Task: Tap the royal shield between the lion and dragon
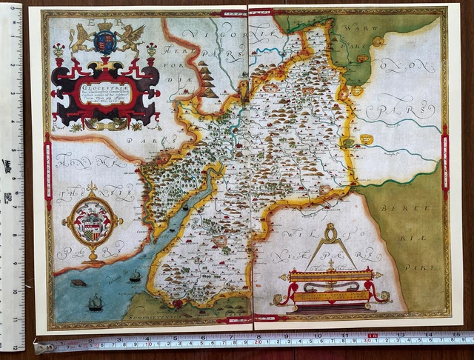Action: (104, 42)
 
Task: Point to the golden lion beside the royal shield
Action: (80, 38)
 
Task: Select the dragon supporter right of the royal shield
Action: (130, 39)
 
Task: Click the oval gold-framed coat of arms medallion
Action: (92, 221)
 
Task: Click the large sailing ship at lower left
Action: (95, 302)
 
